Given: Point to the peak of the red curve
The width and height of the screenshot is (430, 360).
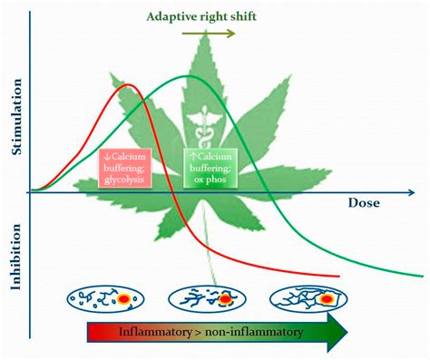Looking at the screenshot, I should coord(130,86).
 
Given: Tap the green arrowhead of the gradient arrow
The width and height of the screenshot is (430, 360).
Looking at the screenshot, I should coord(336,334).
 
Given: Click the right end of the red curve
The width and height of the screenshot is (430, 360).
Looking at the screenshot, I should coord(338,277).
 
